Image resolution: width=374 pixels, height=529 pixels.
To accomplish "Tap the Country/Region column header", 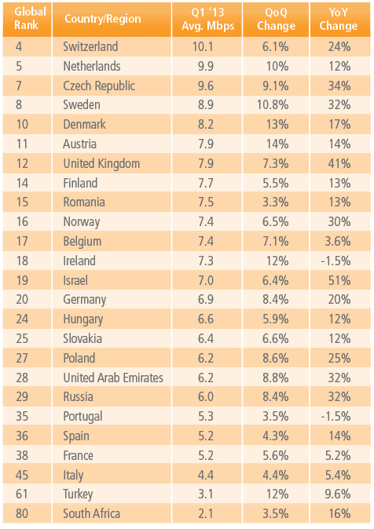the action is point(103,19).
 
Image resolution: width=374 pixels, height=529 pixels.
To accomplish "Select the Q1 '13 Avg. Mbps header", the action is point(207,20).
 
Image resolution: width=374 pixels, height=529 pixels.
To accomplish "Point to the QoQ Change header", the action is point(276,20).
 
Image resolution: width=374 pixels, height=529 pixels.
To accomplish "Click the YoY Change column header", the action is point(339,20).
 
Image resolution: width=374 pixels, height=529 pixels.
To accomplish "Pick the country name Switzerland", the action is point(90,46).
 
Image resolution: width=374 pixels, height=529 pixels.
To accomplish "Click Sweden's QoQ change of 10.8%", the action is point(273,105).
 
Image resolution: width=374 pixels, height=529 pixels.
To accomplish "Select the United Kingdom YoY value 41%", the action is point(339,163).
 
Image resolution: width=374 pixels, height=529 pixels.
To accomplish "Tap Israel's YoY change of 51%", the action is point(339,280).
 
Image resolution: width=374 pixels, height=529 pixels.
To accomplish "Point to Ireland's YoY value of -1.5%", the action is point(335,261).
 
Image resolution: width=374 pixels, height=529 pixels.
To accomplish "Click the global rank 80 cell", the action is point(22,513).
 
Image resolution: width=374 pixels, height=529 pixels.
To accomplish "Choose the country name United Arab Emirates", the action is point(113,378).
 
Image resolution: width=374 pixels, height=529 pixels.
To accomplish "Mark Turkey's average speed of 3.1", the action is point(206,494).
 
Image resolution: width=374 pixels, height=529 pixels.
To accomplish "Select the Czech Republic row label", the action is point(99,86).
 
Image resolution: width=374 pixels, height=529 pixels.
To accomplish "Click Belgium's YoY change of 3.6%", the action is point(338,242).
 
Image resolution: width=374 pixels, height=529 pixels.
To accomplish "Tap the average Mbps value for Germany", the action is point(206,300).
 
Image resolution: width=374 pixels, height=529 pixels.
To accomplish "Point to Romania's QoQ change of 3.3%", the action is point(276,202).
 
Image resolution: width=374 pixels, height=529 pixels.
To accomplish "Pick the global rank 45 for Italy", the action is point(22,475).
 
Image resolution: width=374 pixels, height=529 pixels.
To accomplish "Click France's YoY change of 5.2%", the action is point(338,455).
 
